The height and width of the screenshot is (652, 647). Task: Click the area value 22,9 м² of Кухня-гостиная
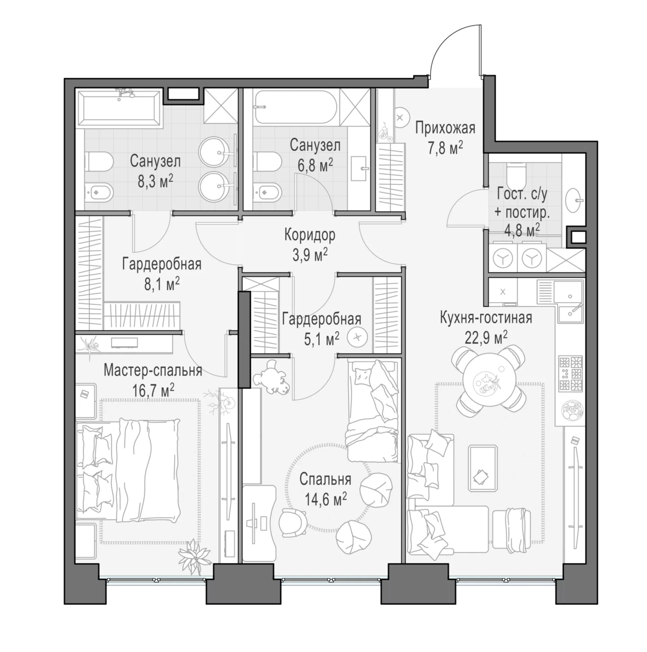(x=486, y=337)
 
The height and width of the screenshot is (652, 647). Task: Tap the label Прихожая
(x=445, y=128)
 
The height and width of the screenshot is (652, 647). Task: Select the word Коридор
(x=310, y=235)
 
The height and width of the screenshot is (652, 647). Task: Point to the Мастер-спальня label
(x=153, y=370)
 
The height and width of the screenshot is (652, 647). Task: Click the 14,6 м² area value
(x=326, y=498)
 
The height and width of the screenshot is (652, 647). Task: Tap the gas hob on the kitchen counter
(x=571, y=374)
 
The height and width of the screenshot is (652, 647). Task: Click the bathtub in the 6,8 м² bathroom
(x=296, y=107)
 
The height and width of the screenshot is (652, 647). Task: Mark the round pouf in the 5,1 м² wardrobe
(x=357, y=337)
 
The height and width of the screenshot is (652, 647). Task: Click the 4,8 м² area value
(x=522, y=230)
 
